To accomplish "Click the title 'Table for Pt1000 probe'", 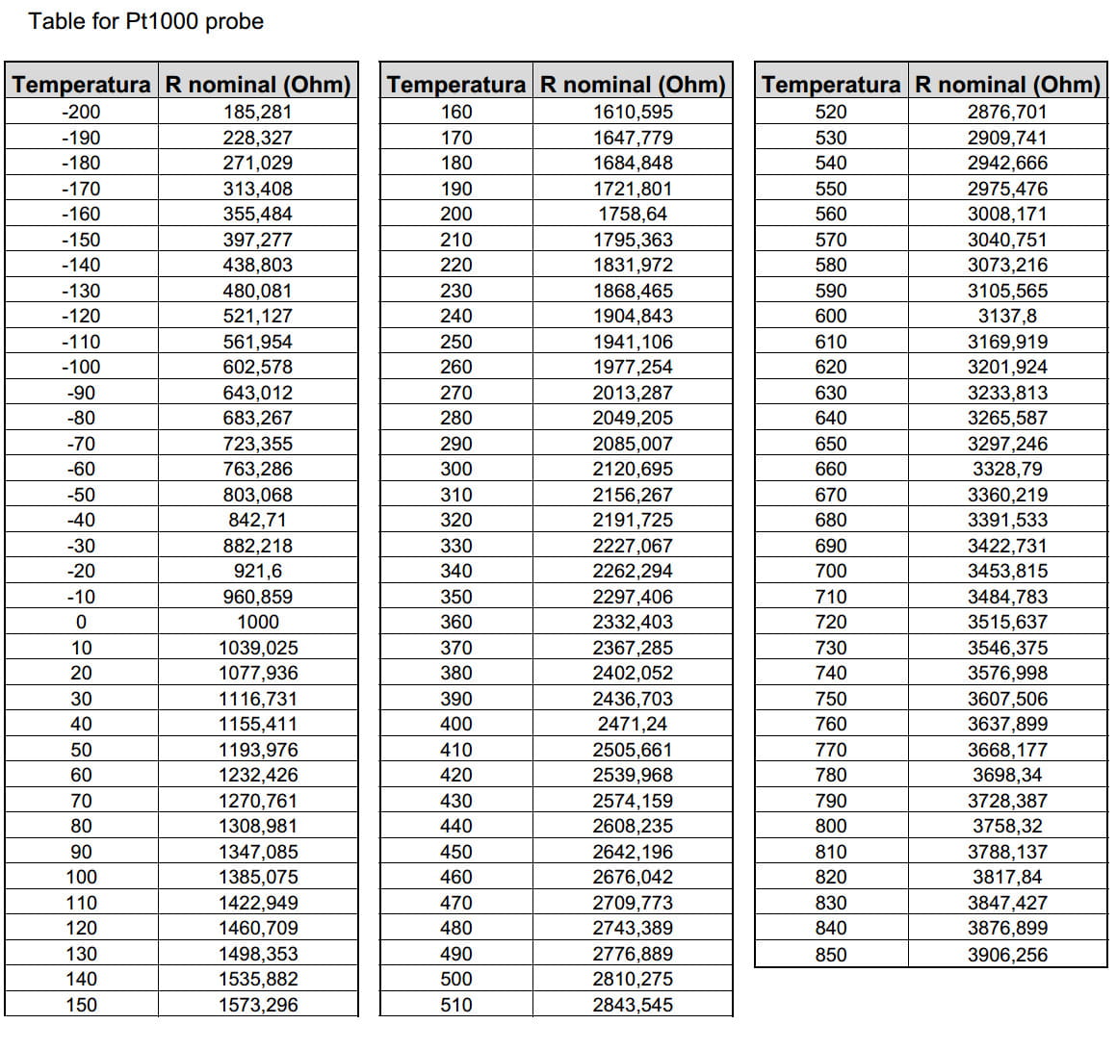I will click(145, 22).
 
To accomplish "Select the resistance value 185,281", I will click(257, 112).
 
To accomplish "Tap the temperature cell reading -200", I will click(81, 112).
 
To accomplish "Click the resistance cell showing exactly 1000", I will click(257, 623).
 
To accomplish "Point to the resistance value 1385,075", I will click(257, 878).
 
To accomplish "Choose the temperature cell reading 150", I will click(81, 1006).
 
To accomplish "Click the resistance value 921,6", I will click(257, 572).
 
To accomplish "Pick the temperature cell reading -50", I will click(81, 495).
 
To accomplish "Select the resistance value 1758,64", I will click(633, 214).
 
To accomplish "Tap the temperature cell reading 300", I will click(456, 470).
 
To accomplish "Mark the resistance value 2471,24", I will click(633, 725).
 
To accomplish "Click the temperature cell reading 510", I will click(456, 1006).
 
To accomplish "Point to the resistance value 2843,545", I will click(633, 1006).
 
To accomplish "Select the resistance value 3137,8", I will click(1007, 316).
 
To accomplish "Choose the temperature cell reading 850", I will click(831, 955).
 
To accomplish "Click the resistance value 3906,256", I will click(1007, 955).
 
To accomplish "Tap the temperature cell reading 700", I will click(831, 572).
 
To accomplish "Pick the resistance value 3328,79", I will click(1007, 470).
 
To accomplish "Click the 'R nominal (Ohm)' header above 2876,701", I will click(1007, 85).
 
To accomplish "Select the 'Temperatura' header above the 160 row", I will click(456, 85).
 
